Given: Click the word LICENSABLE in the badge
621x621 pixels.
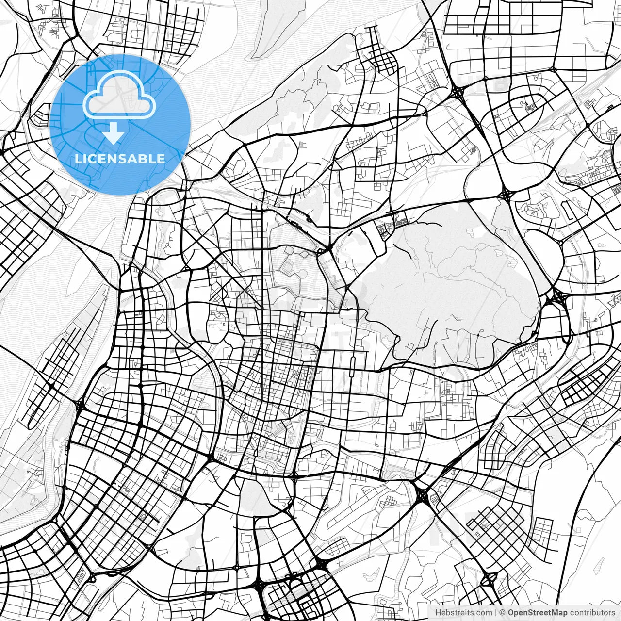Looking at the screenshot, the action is [120, 159].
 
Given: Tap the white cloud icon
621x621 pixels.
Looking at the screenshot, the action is [119, 95].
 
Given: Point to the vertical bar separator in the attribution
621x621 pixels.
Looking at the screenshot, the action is [495, 613].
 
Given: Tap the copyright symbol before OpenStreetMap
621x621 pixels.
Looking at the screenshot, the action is [503, 613].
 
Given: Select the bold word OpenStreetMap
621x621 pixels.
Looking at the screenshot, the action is [538, 613].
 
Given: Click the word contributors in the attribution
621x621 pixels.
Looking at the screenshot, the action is [592, 613].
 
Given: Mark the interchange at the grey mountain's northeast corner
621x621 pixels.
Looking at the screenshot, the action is [507, 195].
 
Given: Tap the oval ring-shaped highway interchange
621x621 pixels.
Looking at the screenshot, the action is [489, 579].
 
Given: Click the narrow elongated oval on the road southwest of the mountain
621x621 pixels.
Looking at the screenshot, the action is [353, 361].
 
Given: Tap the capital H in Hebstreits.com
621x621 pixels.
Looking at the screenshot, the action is [438, 613].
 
